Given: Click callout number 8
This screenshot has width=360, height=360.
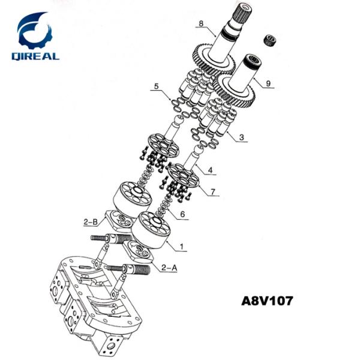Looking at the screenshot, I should [202, 25].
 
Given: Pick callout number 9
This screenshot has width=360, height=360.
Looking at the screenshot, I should [268, 84].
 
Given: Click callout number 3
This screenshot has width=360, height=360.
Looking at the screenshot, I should [241, 137].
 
